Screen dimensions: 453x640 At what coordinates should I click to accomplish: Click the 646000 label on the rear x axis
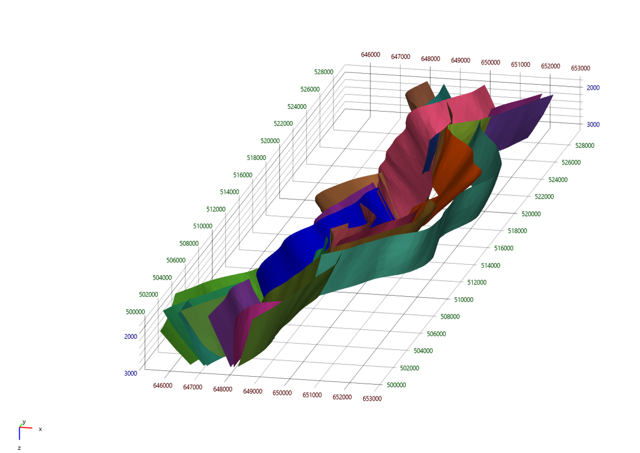(x=371, y=54)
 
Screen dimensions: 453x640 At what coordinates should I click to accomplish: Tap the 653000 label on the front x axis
(x=372, y=399)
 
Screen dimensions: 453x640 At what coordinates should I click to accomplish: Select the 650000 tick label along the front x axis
(x=282, y=393)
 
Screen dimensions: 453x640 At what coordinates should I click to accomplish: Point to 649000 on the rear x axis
(x=460, y=60)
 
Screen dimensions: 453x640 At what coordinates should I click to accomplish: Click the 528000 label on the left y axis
(x=324, y=72)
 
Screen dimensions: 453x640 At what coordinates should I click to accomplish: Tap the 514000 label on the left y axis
(x=229, y=192)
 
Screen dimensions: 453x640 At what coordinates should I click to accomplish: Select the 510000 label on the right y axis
(x=464, y=299)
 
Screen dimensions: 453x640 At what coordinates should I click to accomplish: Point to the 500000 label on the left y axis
(x=135, y=312)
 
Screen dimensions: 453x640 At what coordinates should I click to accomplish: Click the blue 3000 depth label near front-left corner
(x=131, y=373)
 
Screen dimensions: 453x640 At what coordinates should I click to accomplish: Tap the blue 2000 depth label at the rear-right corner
(x=593, y=88)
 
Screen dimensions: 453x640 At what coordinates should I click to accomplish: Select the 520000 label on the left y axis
(x=270, y=141)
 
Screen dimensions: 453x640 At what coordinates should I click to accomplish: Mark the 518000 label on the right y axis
(x=504, y=231)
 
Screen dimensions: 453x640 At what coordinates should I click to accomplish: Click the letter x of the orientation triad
(x=40, y=429)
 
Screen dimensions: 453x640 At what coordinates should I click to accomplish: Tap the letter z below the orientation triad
(x=19, y=448)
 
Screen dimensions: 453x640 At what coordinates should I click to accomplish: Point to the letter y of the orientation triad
(x=23, y=422)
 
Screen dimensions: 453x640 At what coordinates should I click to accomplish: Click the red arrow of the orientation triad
(x=27, y=427)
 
